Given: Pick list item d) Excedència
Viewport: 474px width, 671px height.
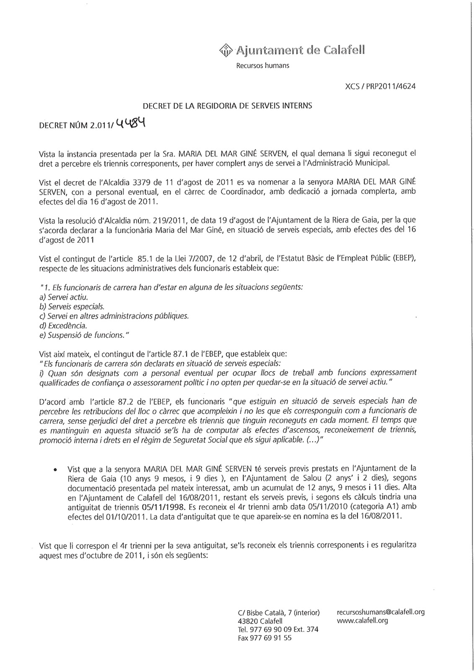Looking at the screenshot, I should click(63, 325).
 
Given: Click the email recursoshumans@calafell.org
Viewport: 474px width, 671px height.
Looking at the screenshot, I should click(381, 612).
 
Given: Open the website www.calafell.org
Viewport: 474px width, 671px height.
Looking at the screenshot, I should click(362, 620).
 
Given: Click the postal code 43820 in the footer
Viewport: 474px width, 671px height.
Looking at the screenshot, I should click(248, 621).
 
